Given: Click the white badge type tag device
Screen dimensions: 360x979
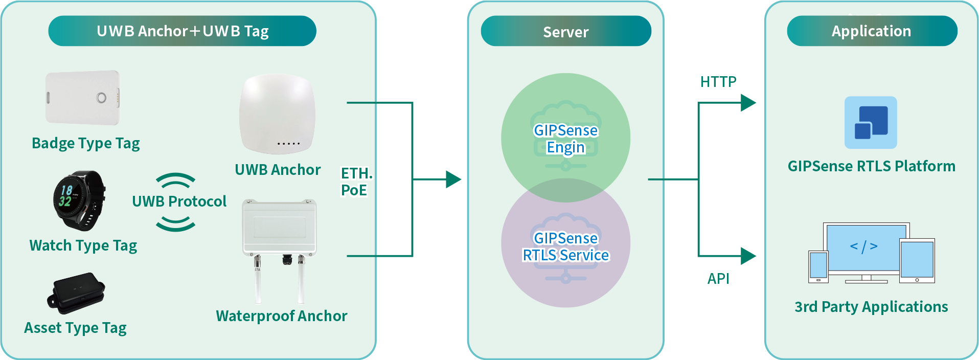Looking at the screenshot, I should [x=83, y=98].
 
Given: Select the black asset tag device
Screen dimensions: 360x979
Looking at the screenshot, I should [x=77, y=292].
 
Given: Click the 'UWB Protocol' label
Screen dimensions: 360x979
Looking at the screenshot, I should [x=179, y=201].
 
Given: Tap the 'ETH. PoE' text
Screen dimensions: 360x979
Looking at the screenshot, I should [x=355, y=182].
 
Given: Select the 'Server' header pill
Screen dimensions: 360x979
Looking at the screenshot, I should [x=566, y=31].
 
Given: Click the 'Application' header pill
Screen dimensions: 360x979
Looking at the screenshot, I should [x=872, y=31].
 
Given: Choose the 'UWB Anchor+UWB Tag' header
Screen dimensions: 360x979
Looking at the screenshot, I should [x=183, y=31].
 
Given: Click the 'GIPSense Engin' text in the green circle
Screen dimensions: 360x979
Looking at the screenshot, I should [x=565, y=139].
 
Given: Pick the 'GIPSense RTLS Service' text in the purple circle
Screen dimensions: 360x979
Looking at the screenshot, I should [x=565, y=246].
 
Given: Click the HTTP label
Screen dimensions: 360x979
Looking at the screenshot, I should [x=718, y=82].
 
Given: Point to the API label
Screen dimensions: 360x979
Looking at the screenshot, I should [x=718, y=279].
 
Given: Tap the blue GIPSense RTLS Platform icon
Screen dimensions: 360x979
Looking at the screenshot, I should [x=871, y=123].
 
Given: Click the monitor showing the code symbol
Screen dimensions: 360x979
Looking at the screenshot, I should [x=863, y=249].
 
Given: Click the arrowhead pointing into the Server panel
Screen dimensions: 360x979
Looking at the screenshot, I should [x=453, y=179].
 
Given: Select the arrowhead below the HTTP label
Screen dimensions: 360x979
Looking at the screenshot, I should [x=748, y=103].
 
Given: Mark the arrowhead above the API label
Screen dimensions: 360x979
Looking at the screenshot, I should [x=748, y=256].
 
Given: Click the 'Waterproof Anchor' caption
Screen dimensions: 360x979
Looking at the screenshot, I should [x=281, y=316].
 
